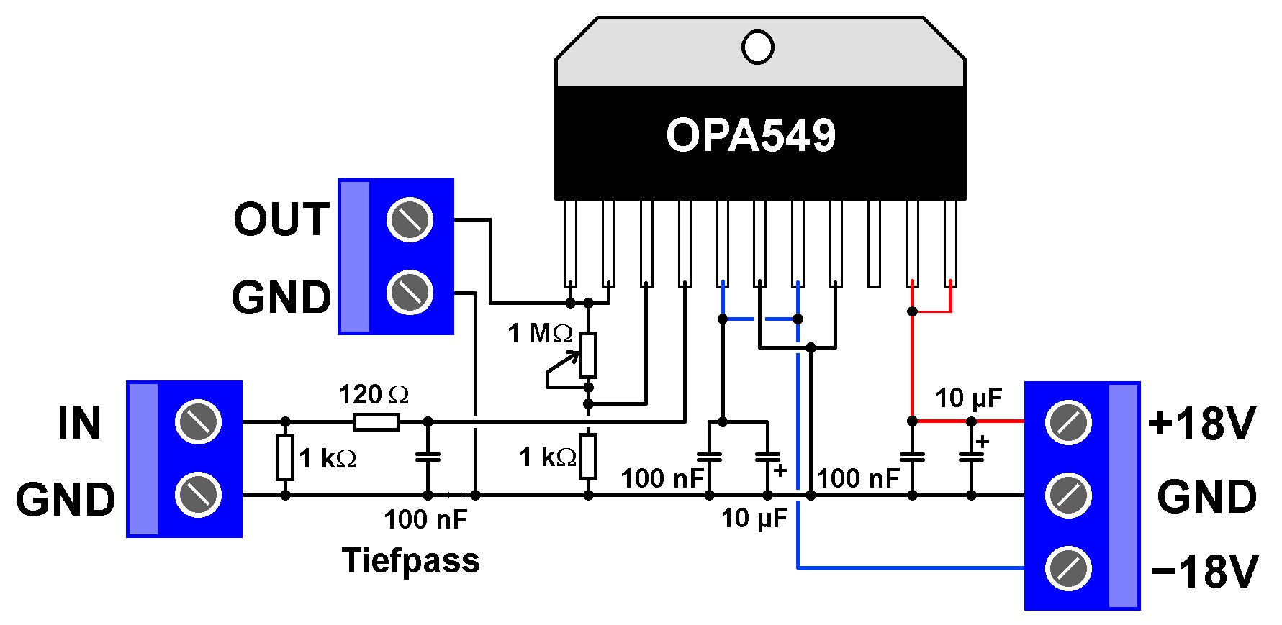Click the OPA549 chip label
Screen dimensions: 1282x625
pos(751,134)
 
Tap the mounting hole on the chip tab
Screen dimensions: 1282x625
pos(758,47)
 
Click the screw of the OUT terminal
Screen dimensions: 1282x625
pos(410,219)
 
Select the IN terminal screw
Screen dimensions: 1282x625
pos(198,421)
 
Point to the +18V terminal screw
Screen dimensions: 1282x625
pos(1069,422)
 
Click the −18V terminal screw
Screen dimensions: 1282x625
pos(1069,568)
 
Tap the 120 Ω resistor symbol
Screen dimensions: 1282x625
pos(376,421)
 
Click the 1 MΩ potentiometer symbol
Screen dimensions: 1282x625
pos(588,355)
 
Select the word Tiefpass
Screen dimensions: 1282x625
pos(410,560)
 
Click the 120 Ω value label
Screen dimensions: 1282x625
pos(374,394)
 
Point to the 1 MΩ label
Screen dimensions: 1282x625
pos(541,333)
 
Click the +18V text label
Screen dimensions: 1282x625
pos(1202,423)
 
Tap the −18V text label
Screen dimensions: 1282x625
pos(1204,572)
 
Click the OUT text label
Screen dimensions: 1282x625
pos(281,219)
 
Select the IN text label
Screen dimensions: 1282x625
pos(79,423)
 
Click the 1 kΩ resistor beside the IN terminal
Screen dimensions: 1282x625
pos(285,457)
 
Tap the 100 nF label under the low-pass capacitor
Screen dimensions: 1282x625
pos(425,519)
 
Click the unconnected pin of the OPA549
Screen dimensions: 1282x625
pos(874,243)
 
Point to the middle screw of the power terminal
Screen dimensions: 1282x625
pos(1069,495)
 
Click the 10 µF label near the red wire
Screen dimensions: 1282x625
pos(968,398)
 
